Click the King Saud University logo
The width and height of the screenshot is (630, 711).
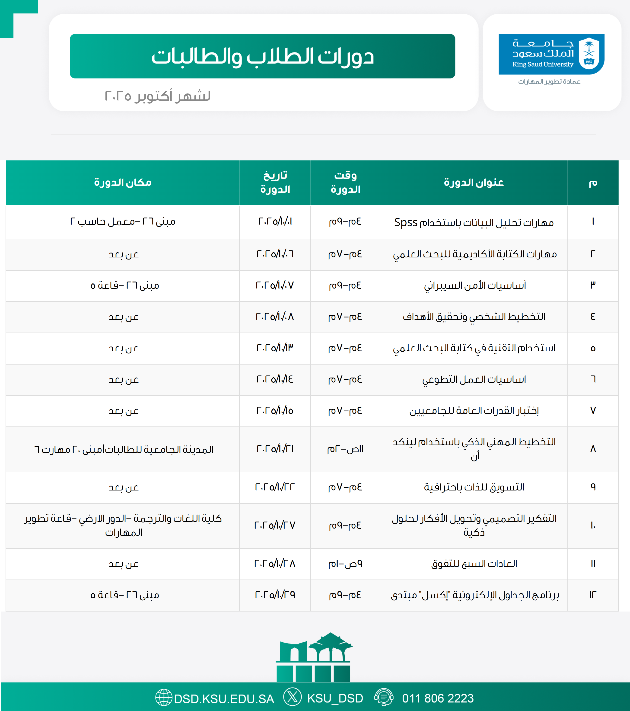(x=551, y=54)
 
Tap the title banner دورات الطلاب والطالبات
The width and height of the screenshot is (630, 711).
(x=262, y=56)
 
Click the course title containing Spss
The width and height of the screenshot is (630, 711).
(x=474, y=222)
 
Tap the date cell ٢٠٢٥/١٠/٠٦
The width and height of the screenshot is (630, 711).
(x=275, y=254)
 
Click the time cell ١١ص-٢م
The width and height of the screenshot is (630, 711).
(x=345, y=449)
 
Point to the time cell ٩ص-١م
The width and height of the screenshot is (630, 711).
(x=345, y=564)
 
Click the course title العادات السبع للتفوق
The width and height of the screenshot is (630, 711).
(x=474, y=564)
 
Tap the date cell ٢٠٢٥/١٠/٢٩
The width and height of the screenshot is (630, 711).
(x=275, y=595)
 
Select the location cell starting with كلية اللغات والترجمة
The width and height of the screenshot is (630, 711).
(x=123, y=525)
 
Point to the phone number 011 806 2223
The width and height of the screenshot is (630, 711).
(x=438, y=698)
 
